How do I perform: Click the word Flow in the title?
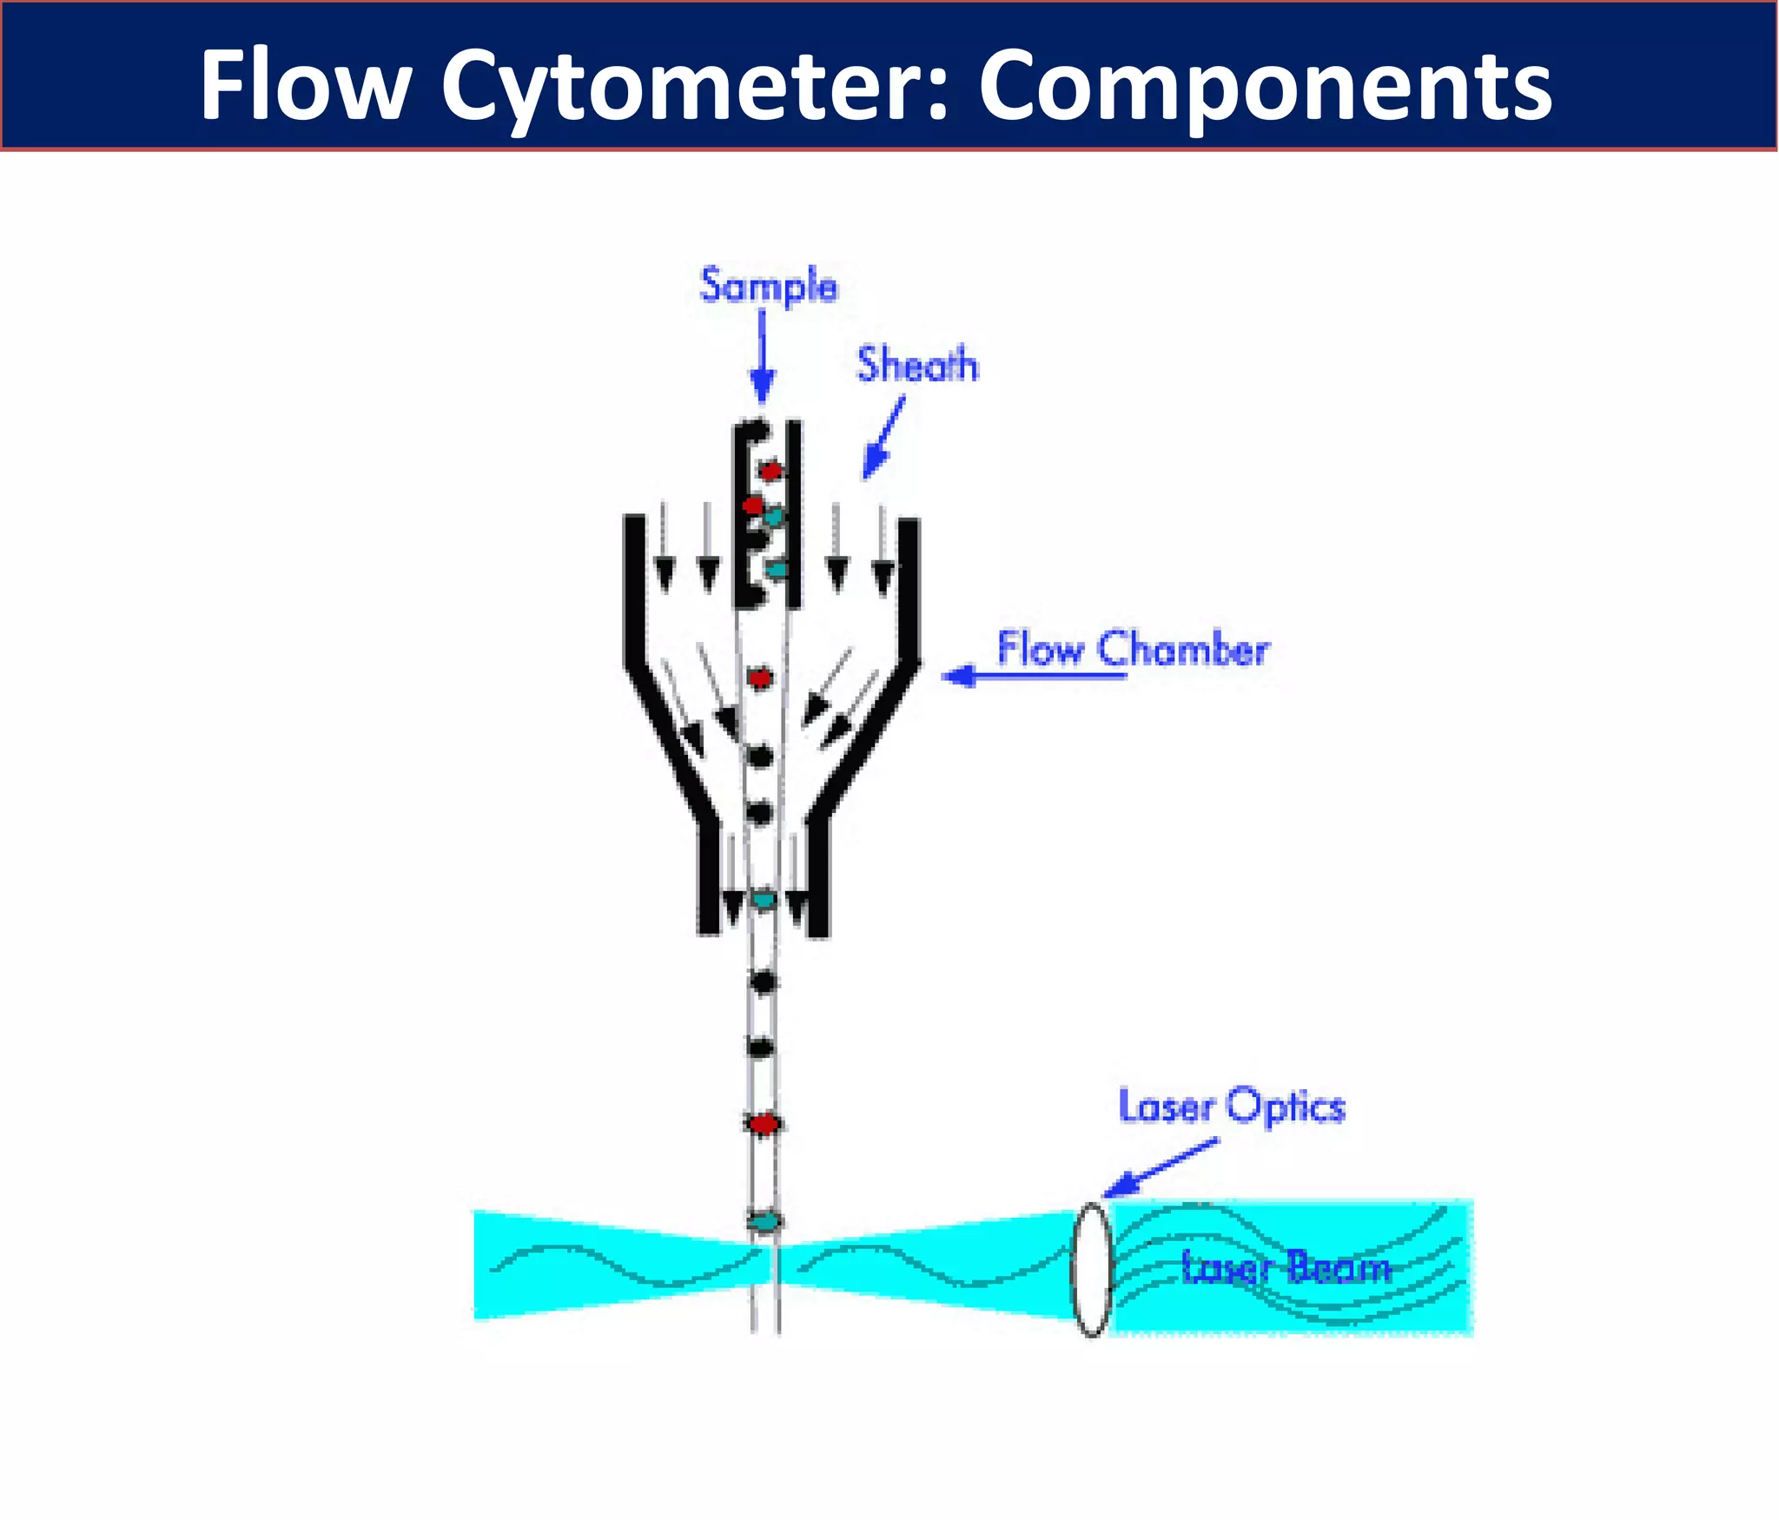304,85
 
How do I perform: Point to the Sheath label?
917,365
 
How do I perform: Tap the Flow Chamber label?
1133,648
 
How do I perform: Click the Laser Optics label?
1232,1107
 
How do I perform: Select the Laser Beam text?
1286,1268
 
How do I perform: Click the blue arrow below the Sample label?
762,358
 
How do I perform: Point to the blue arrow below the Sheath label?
883,439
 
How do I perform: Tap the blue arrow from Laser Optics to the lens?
1161,1169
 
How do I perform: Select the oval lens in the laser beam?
1092,1268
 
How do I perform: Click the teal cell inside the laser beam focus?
764,1222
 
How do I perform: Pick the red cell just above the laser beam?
764,1124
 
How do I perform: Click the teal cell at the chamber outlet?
763,900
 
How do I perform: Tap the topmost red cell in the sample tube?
770,471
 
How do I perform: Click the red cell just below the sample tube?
760,677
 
